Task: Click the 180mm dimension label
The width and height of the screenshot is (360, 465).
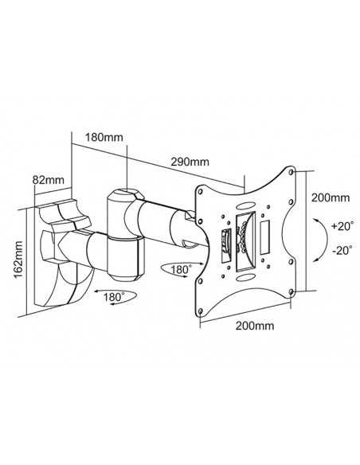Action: [x=104, y=137]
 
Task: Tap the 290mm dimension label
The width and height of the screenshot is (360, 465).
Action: [x=190, y=162]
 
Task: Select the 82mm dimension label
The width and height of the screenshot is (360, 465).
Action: [x=49, y=180]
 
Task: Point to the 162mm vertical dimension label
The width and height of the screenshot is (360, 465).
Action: [x=18, y=260]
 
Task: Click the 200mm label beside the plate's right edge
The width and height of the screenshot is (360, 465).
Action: [x=331, y=197]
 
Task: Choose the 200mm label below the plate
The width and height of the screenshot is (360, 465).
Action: [x=255, y=326]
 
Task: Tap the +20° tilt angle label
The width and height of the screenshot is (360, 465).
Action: [x=342, y=226]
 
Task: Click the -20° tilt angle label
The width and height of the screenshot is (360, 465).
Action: [x=342, y=250]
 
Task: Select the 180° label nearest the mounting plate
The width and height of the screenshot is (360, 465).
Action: [x=181, y=270]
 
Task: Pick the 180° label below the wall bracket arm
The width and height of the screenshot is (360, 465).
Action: [x=114, y=297]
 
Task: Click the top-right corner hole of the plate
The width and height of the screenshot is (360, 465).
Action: [x=292, y=172]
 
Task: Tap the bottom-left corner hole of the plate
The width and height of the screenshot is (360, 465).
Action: [x=200, y=311]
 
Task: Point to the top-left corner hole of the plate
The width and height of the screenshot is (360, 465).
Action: [x=200, y=191]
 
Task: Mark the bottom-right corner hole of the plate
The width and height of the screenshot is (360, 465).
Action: [x=292, y=292]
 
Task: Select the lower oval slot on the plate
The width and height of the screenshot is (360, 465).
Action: [x=245, y=277]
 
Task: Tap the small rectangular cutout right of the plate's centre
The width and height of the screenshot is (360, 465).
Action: [x=264, y=237]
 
